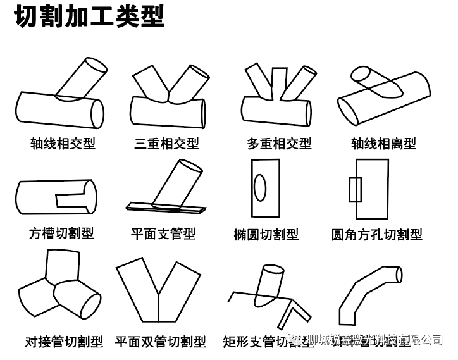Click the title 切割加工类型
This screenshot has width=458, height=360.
[89, 17]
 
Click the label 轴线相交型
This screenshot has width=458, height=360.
[63, 144]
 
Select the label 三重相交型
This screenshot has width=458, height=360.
[166, 144]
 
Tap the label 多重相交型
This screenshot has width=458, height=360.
[279, 144]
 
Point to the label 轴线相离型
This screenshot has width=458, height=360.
[383, 144]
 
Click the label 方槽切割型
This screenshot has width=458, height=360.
[61, 233]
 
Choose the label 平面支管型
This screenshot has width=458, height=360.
[163, 234]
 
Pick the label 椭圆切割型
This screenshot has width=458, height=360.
[266, 235]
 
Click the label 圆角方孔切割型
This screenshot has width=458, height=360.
[377, 235]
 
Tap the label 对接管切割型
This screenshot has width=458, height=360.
[64, 342]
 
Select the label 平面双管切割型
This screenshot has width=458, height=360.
[161, 342]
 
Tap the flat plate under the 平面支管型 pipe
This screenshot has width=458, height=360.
[166, 206]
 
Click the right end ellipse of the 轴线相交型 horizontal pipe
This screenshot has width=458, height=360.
[97, 112]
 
